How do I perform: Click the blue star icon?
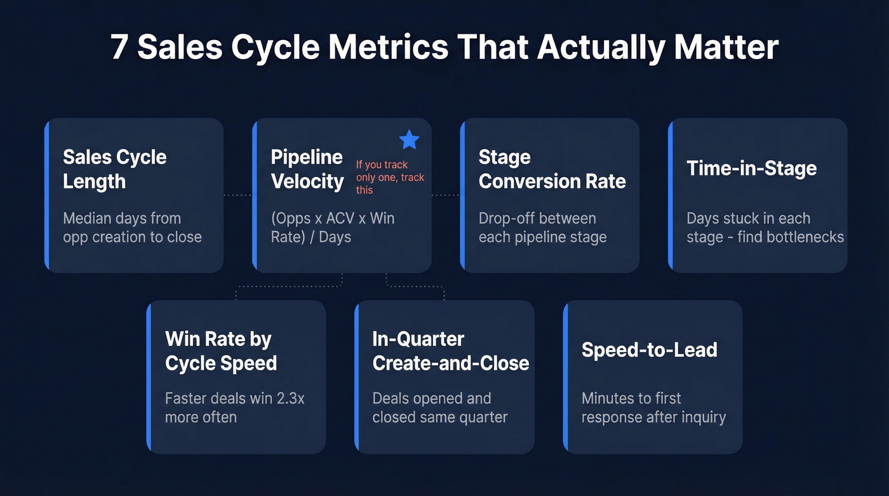click(409, 140)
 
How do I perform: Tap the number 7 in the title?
click(118, 48)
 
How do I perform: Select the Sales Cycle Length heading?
click(115, 169)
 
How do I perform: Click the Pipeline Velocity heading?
click(307, 169)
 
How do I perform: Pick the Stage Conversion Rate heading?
click(552, 169)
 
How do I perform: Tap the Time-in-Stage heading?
click(751, 168)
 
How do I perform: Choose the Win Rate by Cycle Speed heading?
click(221, 351)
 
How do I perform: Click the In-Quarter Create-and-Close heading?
click(450, 351)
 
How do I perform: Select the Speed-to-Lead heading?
click(649, 350)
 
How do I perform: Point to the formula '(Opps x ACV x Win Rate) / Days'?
click(333, 227)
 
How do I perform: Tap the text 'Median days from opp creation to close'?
click(132, 227)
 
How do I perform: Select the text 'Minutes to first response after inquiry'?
click(653, 408)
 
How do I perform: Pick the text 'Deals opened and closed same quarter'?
click(439, 408)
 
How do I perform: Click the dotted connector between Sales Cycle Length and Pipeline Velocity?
click(237, 195)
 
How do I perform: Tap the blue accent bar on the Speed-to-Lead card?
click(566, 377)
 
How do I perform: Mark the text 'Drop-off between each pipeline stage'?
click(542, 227)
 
